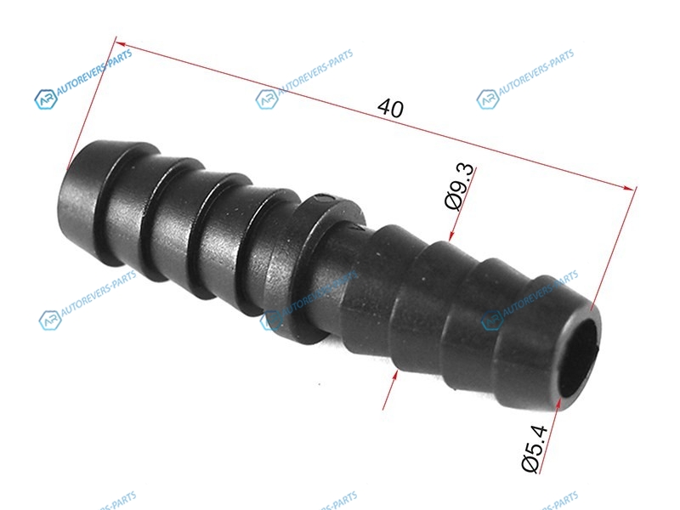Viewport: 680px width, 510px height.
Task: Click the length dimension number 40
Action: click(390, 109)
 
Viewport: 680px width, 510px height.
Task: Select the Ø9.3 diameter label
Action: click(461, 187)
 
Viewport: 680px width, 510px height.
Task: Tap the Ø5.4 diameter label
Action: click(535, 449)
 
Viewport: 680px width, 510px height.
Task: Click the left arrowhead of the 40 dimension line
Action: click(121, 43)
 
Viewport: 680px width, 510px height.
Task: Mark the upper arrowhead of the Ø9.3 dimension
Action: click(451, 235)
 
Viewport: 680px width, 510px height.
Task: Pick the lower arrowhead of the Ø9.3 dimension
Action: click(394, 376)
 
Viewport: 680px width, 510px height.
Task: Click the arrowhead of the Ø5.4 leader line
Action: click(559, 403)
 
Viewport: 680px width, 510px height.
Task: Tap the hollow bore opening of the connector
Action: click(579, 358)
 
